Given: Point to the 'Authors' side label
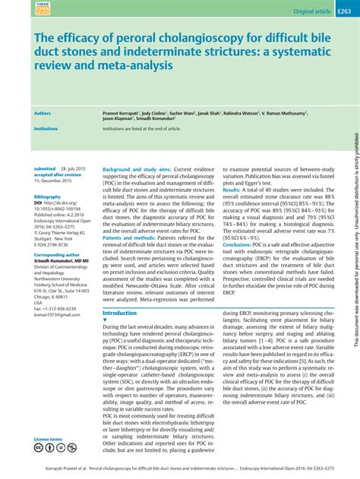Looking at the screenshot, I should [43, 113].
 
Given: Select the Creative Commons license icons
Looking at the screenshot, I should [53, 449].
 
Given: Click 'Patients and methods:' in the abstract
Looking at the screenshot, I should [134, 238].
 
